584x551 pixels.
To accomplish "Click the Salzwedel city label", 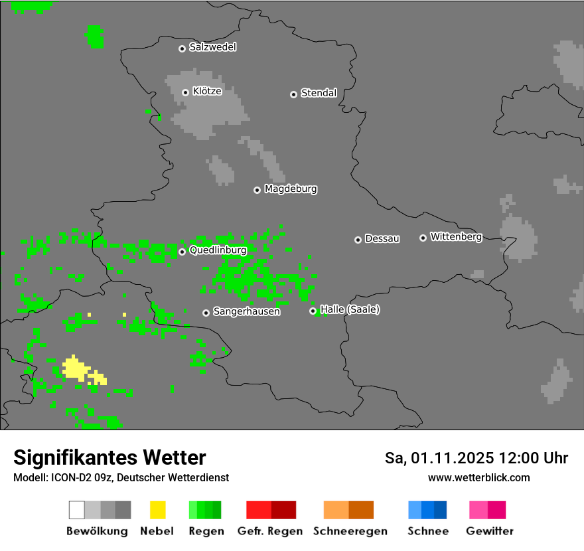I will pos(212,47).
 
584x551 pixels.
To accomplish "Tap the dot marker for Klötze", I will pos(185,92).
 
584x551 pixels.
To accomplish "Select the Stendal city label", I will pos(319,93).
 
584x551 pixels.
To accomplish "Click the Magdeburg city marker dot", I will pos(257,190).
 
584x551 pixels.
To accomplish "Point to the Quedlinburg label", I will pos(218,250).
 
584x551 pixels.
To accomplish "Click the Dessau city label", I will pos(382,238).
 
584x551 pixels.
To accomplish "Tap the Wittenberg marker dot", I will pos(423,238).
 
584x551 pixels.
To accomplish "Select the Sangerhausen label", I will pos(246,311).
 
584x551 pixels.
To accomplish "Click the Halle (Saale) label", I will pos(350,309).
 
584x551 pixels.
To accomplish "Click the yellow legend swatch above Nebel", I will pos(157,510).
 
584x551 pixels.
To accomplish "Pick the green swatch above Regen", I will pos(205,510).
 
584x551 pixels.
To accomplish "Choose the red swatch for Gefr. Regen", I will pos(271,510).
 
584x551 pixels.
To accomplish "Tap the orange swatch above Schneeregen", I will pos(348,510).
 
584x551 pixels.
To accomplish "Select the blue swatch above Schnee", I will pos(427,510).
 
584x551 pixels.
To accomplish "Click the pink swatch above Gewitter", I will pos(487,510).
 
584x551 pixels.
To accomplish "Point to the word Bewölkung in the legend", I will pos(97,531).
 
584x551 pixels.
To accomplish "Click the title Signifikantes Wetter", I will pos(110,457).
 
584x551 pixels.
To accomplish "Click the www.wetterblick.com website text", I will pos(478,477).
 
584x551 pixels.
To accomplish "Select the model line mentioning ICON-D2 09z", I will pos(121,477).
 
